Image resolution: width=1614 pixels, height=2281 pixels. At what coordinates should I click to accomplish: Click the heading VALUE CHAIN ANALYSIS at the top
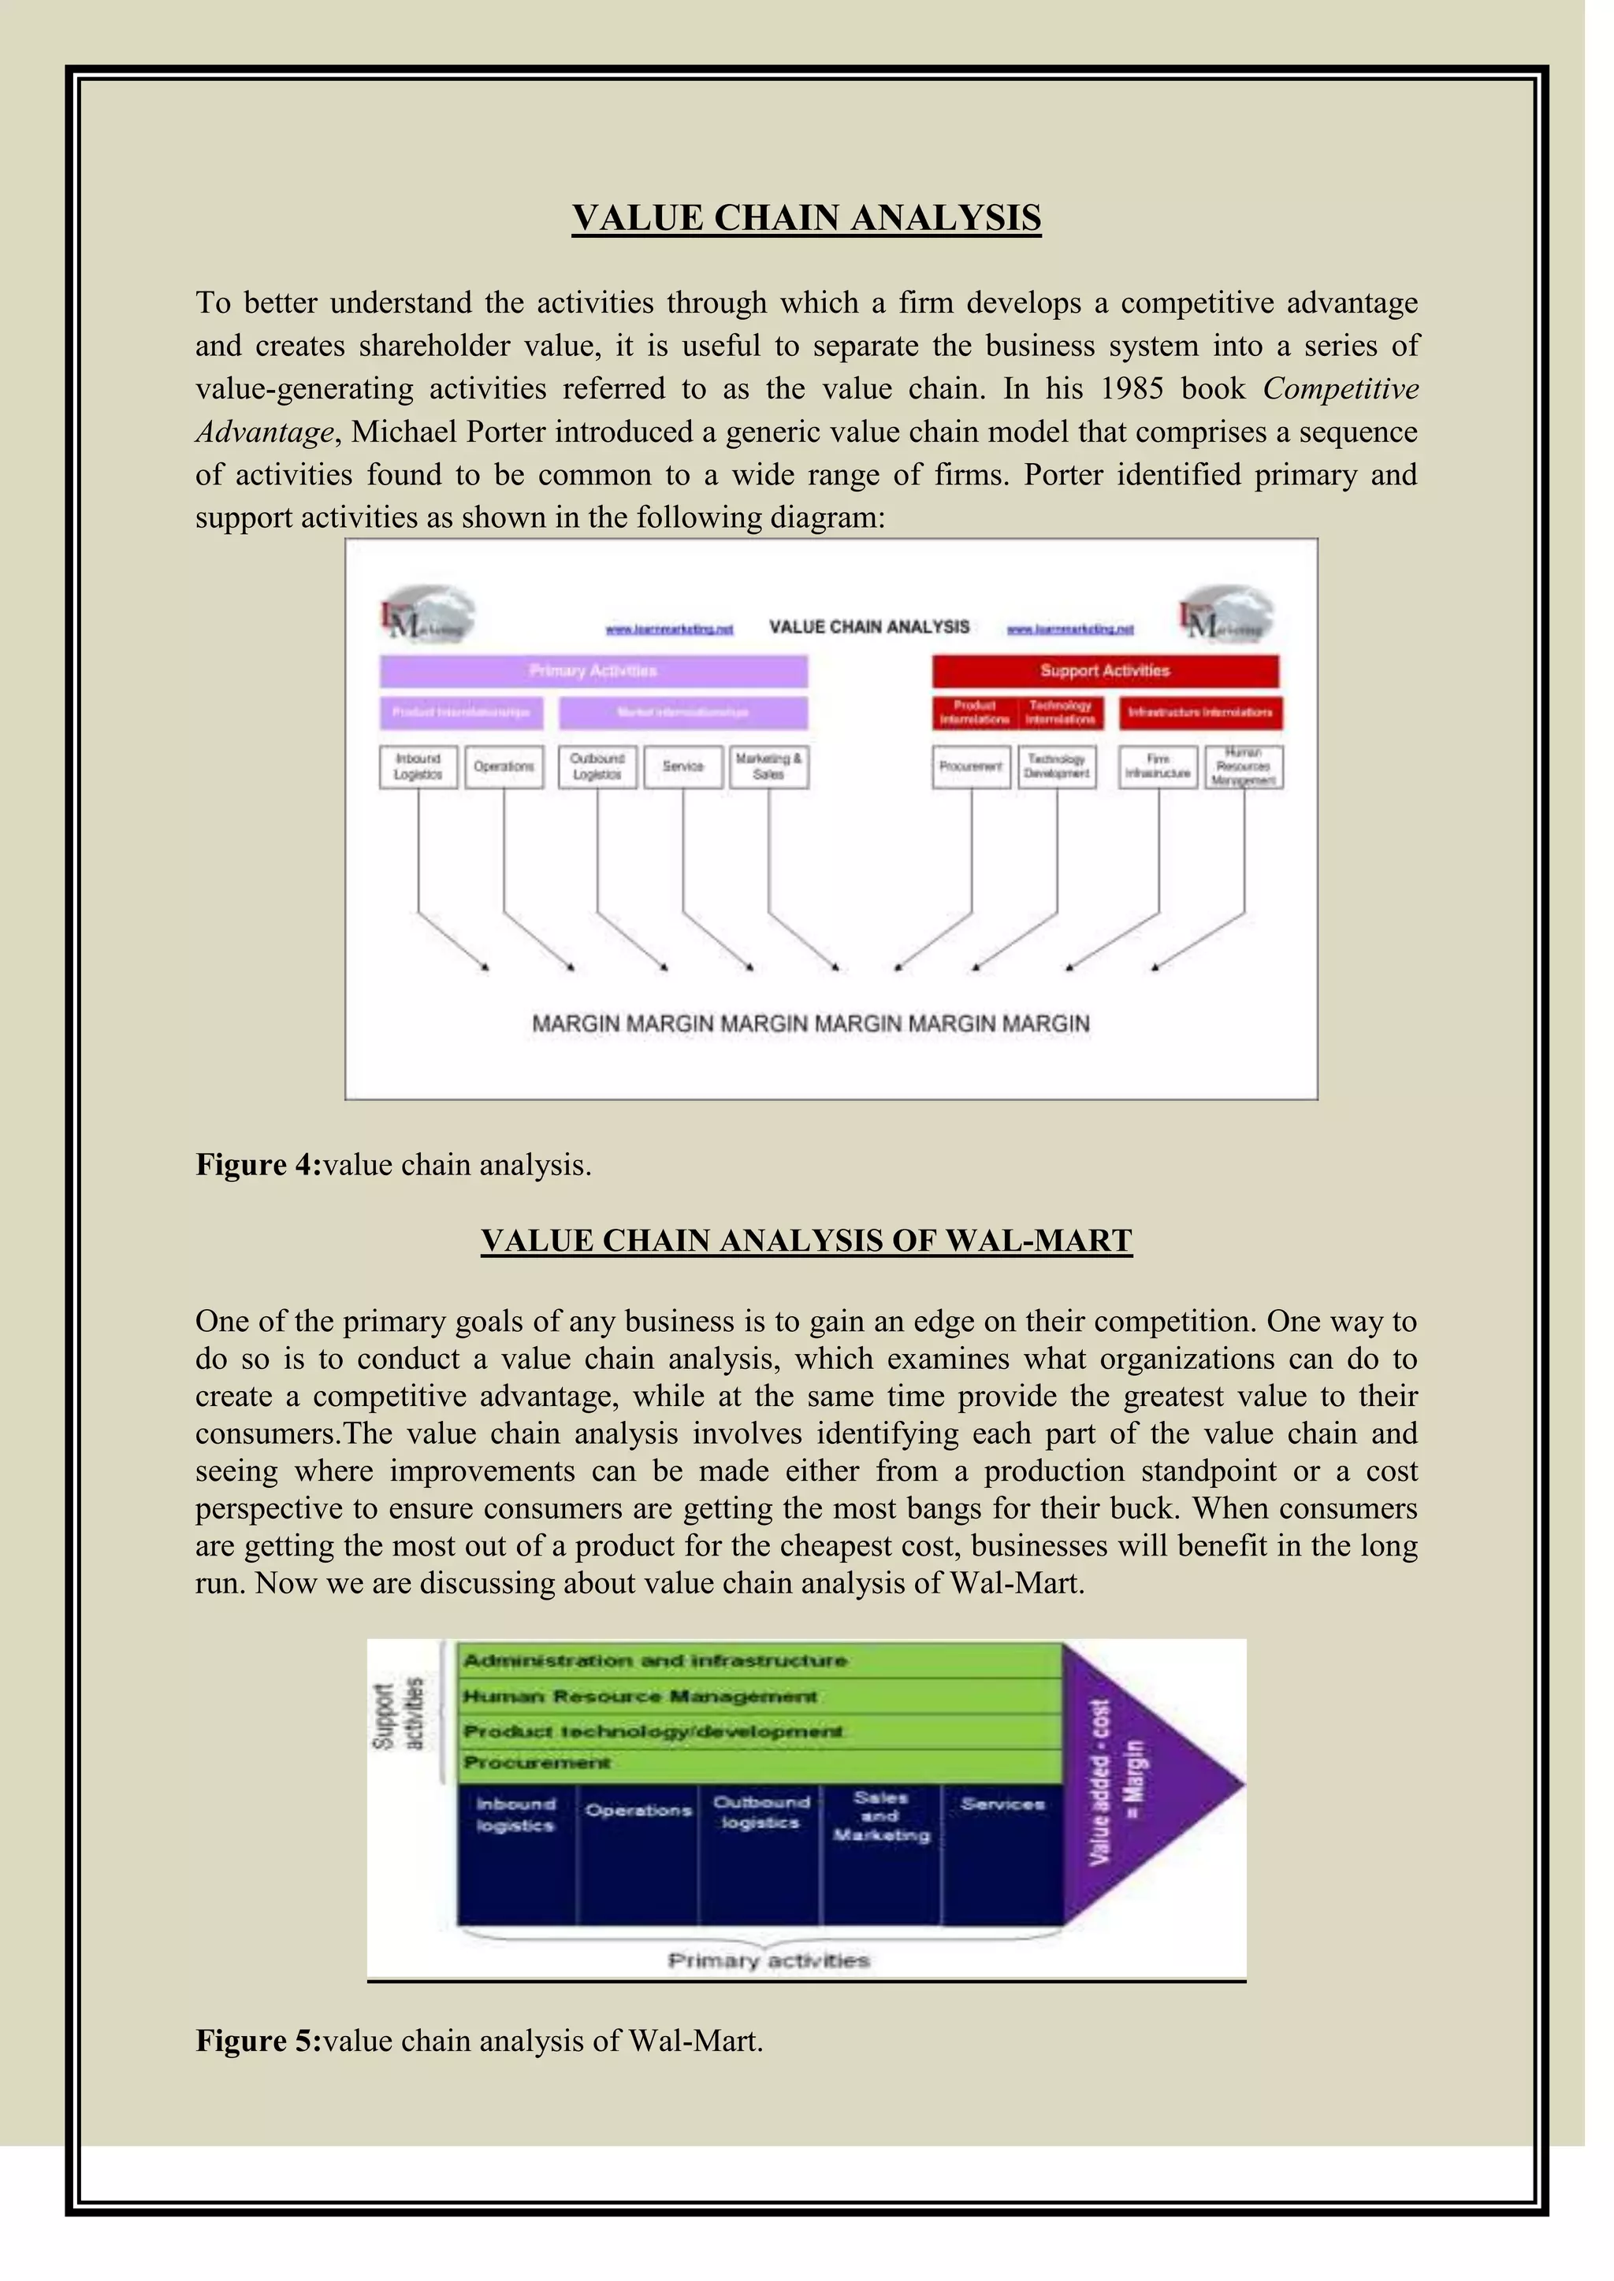pyautogui.click(x=806, y=217)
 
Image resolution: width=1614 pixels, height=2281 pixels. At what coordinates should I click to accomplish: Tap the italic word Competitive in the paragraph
pyautogui.click(x=1340, y=388)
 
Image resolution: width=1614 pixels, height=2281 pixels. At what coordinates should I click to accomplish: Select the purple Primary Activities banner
pyautogui.click(x=593, y=670)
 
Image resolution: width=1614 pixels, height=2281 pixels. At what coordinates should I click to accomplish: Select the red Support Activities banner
pyautogui.click(x=1104, y=670)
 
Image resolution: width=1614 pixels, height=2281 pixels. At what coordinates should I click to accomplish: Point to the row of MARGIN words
pyautogui.click(x=811, y=1023)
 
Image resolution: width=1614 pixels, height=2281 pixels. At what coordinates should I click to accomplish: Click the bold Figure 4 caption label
pyautogui.click(x=258, y=1164)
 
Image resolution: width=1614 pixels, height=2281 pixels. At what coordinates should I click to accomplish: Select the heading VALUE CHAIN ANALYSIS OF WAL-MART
pyautogui.click(x=806, y=1241)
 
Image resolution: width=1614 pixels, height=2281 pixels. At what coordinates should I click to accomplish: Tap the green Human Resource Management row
pyautogui.click(x=761, y=1696)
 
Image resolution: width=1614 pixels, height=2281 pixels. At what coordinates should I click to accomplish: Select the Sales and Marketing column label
pyautogui.click(x=880, y=1816)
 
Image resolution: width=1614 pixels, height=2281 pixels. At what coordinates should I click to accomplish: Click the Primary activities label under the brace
pyautogui.click(x=768, y=1960)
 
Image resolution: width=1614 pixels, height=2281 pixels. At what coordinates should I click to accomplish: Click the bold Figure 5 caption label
pyautogui.click(x=258, y=2041)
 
